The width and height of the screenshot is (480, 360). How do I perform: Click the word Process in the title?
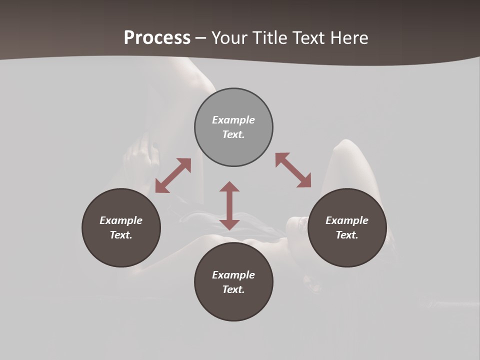point(157,38)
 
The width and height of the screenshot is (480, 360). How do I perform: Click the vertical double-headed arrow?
point(229,205)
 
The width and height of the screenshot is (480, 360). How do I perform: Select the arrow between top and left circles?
point(173,175)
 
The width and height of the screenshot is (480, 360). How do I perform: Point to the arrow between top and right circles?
point(293,170)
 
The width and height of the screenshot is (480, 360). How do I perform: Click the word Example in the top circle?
point(233,120)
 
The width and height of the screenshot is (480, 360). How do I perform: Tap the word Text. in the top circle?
point(233,134)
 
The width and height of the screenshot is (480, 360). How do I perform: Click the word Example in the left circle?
point(121,220)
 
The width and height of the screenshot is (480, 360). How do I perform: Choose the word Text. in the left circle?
point(121,235)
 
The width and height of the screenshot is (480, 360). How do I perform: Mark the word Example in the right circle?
point(347,220)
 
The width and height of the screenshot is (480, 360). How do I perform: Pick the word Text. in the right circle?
point(347,235)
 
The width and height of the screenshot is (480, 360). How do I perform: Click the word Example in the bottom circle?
point(233,275)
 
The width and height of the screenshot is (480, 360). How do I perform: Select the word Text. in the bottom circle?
point(233,289)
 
